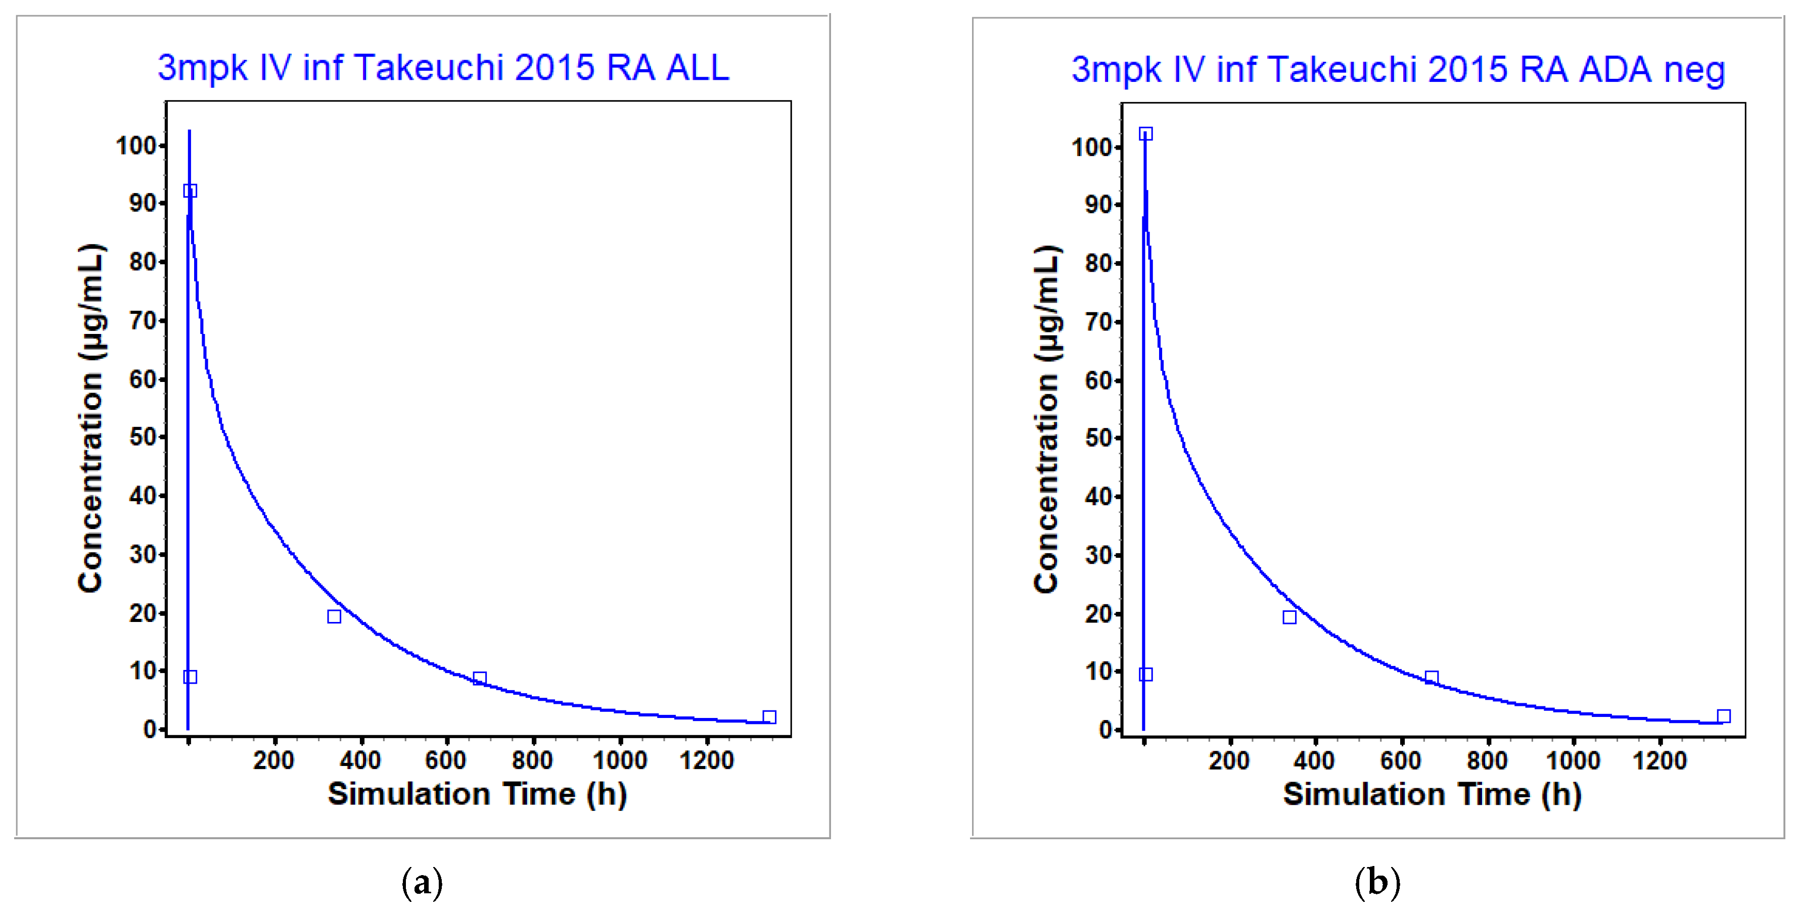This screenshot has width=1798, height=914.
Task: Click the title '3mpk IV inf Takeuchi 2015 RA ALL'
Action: (443, 68)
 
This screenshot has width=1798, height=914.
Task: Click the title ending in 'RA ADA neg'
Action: (1398, 70)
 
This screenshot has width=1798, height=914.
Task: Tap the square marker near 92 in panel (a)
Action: (190, 191)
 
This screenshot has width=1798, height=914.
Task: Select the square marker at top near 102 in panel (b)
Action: (1145, 134)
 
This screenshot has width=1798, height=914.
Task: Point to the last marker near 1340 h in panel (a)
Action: (769, 717)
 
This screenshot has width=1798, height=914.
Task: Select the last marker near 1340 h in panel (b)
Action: (1723, 716)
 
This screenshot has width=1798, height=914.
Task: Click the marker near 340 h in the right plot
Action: (1289, 617)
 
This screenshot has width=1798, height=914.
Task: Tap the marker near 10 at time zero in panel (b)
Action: (1145, 674)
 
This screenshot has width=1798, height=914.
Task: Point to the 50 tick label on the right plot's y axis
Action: (1098, 438)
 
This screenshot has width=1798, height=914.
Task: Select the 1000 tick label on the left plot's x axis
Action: (620, 760)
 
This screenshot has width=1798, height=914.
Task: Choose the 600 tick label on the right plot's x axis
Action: (1400, 760)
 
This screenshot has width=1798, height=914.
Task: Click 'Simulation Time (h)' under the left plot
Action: (477, 794)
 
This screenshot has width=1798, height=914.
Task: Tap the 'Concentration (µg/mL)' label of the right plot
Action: (1047, 419)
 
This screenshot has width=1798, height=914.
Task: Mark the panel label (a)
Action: (422, 883)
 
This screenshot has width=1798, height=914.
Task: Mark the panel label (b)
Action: (1377, 883)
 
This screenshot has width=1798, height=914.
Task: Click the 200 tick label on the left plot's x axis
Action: (273, 760)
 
